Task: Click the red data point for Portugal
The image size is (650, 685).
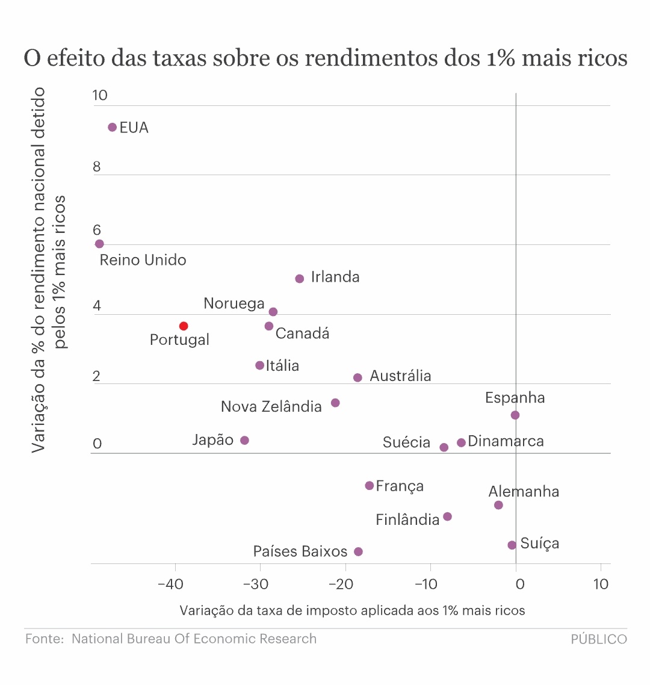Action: (x=184, y=326)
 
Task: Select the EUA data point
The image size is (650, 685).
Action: (x=112, y=127)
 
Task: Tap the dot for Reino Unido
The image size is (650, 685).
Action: (x=99, y=244)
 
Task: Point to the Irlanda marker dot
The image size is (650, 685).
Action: (x=300, y=279)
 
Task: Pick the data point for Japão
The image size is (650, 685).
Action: (x=244, y=441)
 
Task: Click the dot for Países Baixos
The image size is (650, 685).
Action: (x=358, y=551)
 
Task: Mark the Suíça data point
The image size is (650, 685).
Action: (x=512, y=545)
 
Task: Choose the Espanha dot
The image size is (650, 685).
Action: (x=515, y=415)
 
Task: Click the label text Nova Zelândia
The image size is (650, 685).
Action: (x=271, y=407)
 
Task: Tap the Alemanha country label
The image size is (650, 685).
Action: (x=524, y=492)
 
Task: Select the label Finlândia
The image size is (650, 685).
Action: (x=407, y=519)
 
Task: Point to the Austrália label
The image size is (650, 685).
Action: (x=400, y=376)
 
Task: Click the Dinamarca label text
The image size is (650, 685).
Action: (x=506, y=441)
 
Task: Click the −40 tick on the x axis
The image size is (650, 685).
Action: (x=170, y=584)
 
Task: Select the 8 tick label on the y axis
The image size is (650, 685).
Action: (x=97, y=167)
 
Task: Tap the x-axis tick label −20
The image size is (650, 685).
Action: (x=340, y=584)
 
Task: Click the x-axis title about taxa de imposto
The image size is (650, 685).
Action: (x=352, y=610)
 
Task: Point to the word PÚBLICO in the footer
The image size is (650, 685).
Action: (x=599, y=639)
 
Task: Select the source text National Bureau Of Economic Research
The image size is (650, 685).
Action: (x=194, y=639)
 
